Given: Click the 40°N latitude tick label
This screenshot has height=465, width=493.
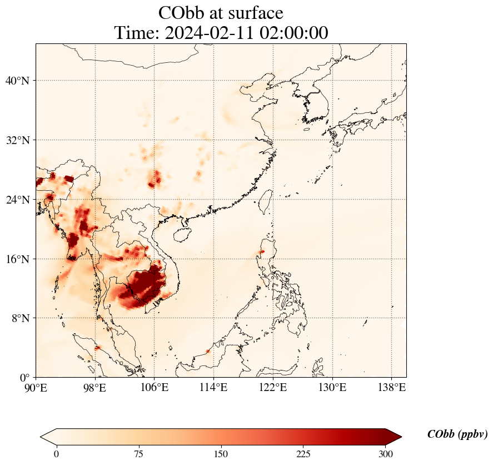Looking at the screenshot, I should pos(17,81).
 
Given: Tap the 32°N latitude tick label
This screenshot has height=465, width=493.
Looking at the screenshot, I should pos(17,140).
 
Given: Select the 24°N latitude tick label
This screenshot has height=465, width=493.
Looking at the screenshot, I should pos(17,200).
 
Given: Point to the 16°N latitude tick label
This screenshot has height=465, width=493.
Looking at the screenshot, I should pos(17,259).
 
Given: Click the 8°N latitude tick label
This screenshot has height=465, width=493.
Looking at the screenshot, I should pos(20,318).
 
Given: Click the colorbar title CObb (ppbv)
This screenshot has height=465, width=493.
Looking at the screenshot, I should pos(457,434).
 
